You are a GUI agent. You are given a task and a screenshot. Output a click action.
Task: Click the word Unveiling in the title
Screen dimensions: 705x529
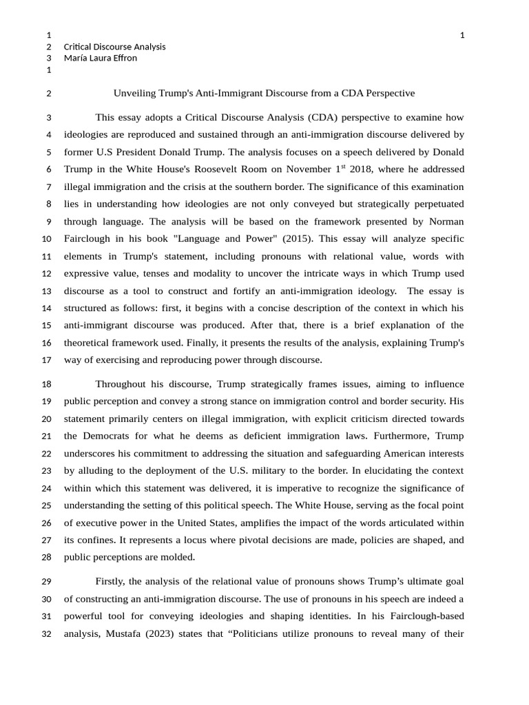click(x=134, y=93)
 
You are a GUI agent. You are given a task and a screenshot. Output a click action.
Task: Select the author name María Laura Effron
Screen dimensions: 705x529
click(x=100, y=58)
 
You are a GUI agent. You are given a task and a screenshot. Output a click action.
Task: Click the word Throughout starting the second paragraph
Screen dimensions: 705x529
click(x=123, y=384)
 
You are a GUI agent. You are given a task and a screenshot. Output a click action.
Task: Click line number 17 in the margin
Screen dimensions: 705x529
click(x=47, y=360)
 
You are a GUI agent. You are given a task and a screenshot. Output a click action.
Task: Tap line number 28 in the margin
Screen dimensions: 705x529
click(x=47, y=558)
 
